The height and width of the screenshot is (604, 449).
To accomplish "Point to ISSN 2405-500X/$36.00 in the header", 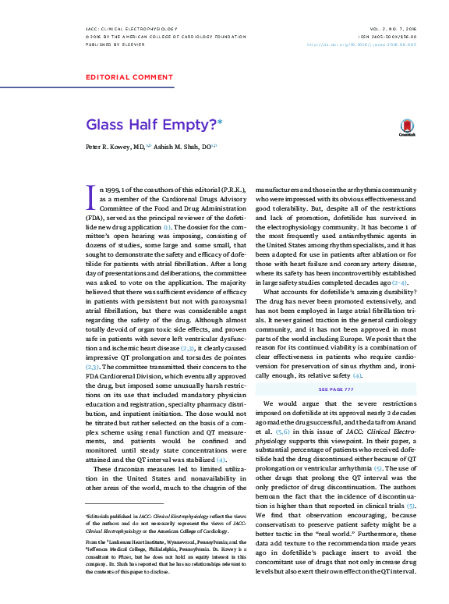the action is point(389,37).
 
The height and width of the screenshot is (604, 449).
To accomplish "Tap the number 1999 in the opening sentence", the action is point(115,189).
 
